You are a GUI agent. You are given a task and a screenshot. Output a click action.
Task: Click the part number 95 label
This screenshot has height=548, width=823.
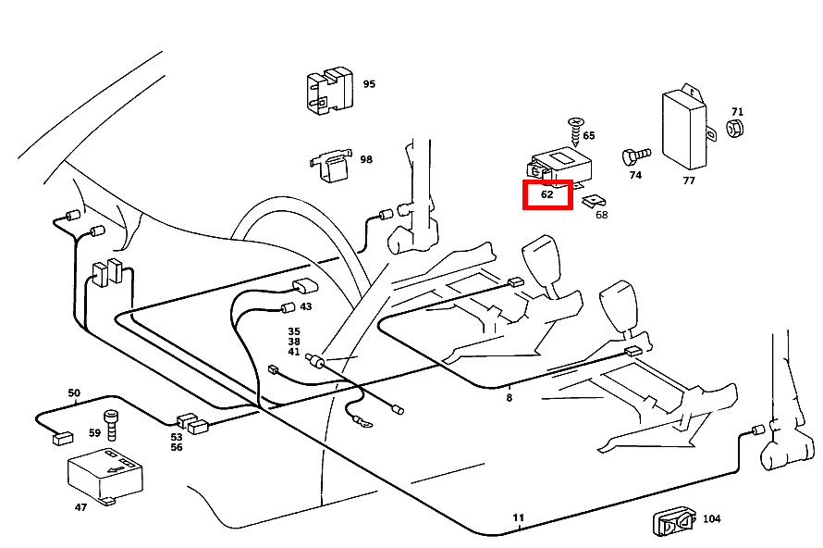(369, 84)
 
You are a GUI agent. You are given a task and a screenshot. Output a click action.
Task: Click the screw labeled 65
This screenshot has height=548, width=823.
(578, 130)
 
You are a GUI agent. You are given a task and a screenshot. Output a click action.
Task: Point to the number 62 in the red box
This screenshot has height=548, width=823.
(547, 195)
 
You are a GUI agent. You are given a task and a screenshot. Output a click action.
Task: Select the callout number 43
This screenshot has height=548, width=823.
(305, 307)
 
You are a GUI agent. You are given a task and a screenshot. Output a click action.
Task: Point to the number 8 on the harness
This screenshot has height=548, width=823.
(509, 399)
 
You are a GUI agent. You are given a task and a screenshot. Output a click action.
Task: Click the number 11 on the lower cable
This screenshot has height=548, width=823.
(518, 518)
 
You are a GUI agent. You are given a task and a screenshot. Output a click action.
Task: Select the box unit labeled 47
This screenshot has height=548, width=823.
(104, 473)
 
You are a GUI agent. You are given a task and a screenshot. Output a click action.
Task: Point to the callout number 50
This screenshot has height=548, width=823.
(74, 393)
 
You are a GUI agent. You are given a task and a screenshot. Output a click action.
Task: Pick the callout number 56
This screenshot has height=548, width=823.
(177, 448)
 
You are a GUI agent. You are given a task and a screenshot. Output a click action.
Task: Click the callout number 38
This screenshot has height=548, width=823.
(294, 342)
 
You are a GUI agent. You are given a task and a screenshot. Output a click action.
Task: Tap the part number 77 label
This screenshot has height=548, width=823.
(689, 181)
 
